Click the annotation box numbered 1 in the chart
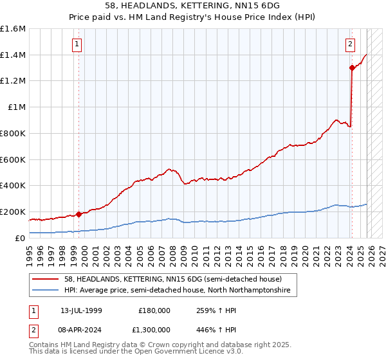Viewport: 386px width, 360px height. pyautogui.click(x=77, y=44)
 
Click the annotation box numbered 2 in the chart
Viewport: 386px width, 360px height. pyautogui.click(x=350, y=44)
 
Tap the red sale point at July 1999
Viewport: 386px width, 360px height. pyautogui.click(x=78, y=214)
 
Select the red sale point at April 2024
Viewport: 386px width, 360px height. pyautogui.click(x=352, y=67)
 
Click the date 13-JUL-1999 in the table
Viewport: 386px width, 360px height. pyautogui.click(x=82, y=310)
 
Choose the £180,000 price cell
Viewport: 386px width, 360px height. pyautogui.click(x=154, y=310)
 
